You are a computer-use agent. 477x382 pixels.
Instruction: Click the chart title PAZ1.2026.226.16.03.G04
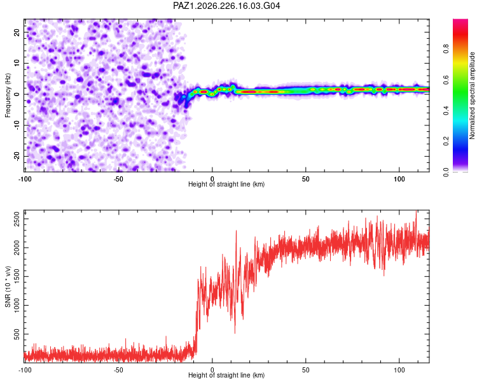click(x=226, y=6)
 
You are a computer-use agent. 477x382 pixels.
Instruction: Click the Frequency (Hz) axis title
click(x=8, y=95)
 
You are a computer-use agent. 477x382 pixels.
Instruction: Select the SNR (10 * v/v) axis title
click(x=8, y=286)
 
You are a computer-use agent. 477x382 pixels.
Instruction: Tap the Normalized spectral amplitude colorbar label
click(x=472, y=95)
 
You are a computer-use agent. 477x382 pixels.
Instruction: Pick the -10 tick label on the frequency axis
click(x=17, y=125)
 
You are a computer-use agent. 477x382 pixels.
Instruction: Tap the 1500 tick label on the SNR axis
click(x=17, y=276)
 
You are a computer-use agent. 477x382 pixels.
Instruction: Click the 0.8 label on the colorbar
click(x=446, y=49)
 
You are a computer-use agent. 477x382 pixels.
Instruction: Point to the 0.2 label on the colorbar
click(x=446, y=141)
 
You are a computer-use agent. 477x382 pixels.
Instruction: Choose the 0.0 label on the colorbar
click(x=446, y=172)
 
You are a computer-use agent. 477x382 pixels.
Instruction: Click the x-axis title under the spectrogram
click(x=226, y=184)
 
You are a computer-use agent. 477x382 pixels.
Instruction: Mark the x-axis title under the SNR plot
click(x=226, y=375)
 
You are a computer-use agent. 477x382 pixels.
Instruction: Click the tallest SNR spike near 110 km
click(x=416, y=211)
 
